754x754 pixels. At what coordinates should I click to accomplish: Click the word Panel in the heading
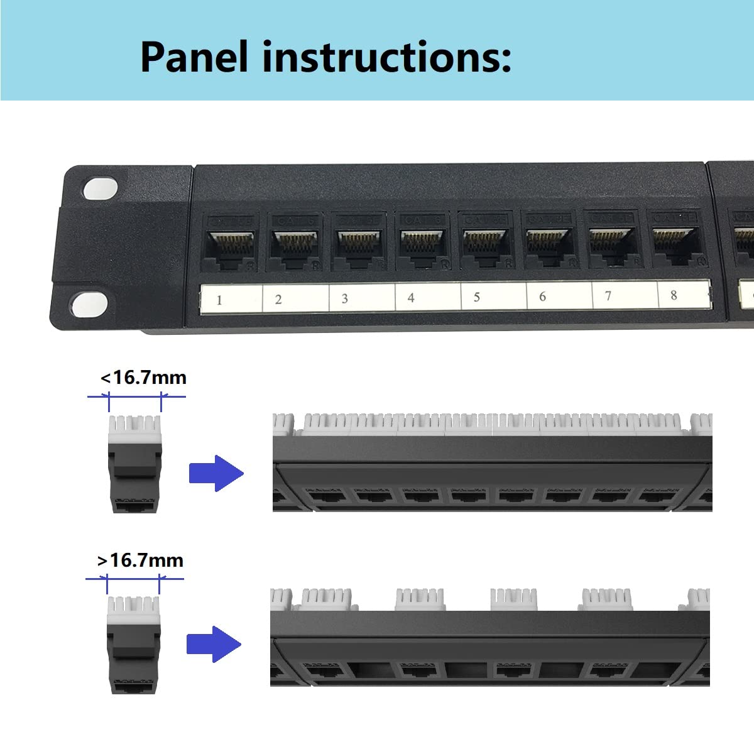[194, 57]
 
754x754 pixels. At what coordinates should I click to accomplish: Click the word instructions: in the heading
[386, 57]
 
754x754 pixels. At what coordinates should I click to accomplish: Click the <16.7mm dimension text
[143, 378]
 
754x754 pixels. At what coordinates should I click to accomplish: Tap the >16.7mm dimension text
[141, 560]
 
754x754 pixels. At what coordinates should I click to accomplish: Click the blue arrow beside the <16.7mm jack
[216, 473]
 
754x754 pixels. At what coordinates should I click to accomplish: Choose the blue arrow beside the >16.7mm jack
[214, 644]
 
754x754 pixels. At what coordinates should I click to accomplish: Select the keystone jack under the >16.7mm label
[133, 646]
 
